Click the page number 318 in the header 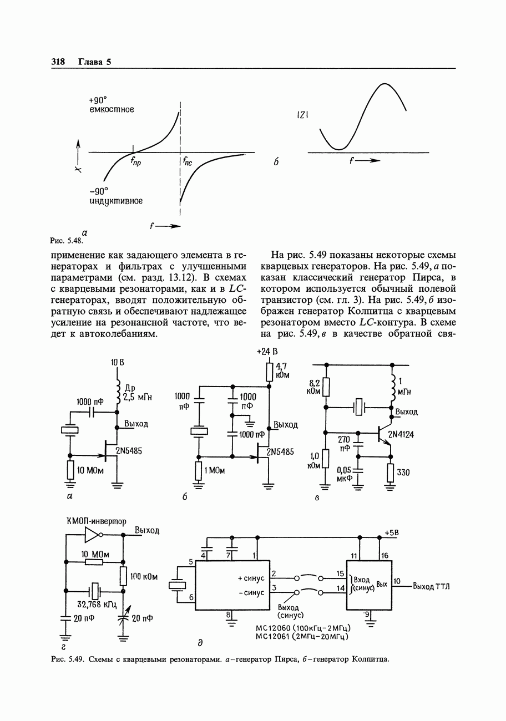tap(58, 62)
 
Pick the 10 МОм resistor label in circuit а tap(88, 471)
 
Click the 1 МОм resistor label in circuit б tap(214, 471)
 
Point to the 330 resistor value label tap(404, 473)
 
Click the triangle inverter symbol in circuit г tap(93, 535)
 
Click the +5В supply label tap(392, 532)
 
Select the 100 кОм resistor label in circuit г tap(144, 577)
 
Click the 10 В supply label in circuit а tap(117, 362)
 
